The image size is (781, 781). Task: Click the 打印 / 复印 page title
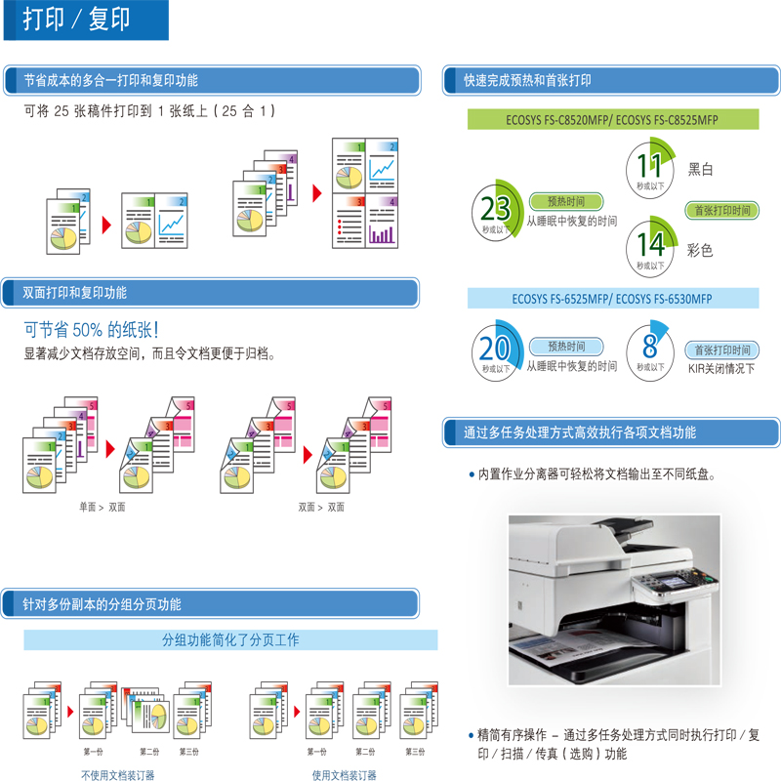[x=76, y=19]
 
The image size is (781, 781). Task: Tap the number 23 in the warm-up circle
[x=495, y=208]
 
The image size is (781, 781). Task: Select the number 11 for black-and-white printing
[x=649, y=165]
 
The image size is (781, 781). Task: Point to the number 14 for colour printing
[x=650, y=244]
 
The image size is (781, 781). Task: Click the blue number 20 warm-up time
[x=495, y=348]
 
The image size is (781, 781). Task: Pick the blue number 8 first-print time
[x=650, y=346]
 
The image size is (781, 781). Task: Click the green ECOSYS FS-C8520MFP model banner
[x=613, y=119]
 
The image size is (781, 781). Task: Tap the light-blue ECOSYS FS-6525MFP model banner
[x=613, y=299]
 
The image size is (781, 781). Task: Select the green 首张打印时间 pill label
[x=722, y=210]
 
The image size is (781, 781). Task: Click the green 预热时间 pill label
[x=566, y=201]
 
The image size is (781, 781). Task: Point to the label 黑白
[x=700, y=169]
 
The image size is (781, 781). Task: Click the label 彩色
[x=700, y=250]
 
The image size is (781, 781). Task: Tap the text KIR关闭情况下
[x=721, y=369]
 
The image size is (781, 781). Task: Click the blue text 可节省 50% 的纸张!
[x=91, y=330]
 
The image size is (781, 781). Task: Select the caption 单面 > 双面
[x=103, y=507]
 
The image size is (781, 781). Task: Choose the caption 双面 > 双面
[x=321, y=507]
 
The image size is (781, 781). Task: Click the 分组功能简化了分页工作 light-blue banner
[x=230, y=640]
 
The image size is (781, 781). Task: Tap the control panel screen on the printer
[x=671, y=581]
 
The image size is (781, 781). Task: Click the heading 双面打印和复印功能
[x=75, y=293]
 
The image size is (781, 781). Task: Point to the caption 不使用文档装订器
[x=118, y=775]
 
